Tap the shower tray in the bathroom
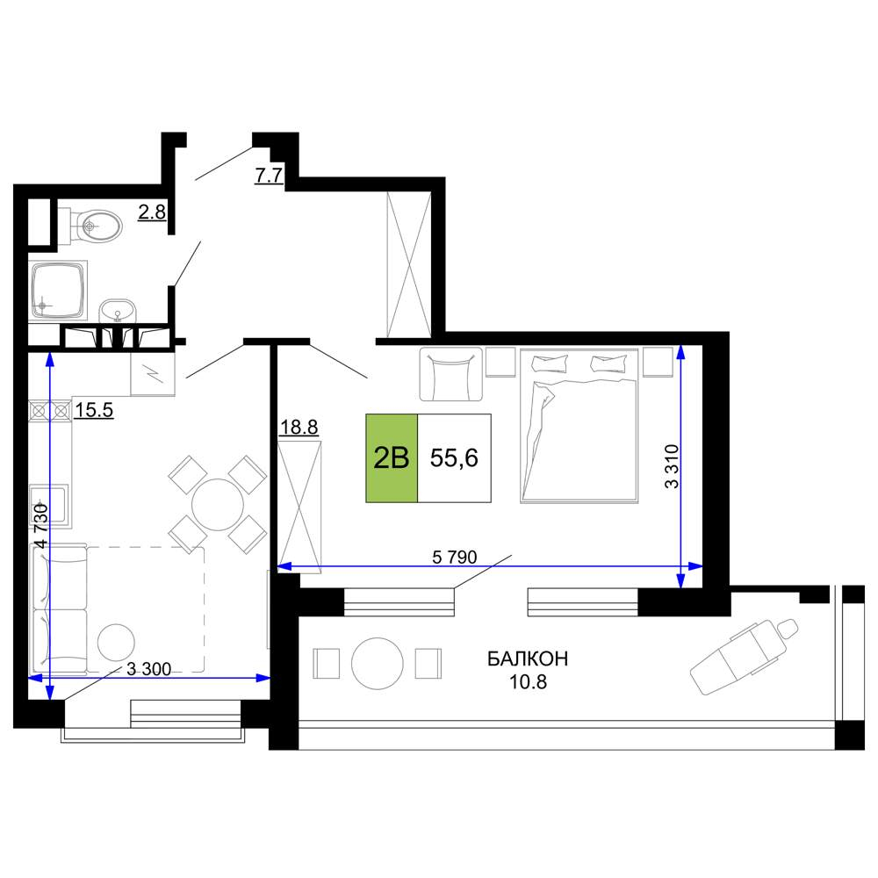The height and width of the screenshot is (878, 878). [58, 290]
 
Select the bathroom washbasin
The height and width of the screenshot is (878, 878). [118, 310]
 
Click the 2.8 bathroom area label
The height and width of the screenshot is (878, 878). [152, 212]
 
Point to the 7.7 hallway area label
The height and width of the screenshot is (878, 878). [269, 176]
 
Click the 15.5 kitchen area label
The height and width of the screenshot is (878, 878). [94, 410]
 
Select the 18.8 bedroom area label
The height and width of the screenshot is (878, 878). [299, 428]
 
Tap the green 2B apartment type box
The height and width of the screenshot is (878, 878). [392, 458]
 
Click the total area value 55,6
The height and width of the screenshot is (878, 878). [454, 458]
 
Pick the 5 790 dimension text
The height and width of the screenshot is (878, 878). [455, 557]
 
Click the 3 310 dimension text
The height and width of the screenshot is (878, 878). [672, 466]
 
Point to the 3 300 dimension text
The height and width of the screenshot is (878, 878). [148, 668]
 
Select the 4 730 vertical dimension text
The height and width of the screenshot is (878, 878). [41, 526]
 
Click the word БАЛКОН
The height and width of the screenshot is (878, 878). [528, 658]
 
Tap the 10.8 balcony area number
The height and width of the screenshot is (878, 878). [528, 681]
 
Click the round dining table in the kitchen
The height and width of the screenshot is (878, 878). [217, 504]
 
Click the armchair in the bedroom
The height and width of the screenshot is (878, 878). [450, 374]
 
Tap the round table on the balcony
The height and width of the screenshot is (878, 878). [378, 664]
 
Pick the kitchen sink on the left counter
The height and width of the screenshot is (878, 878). [50, 507]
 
